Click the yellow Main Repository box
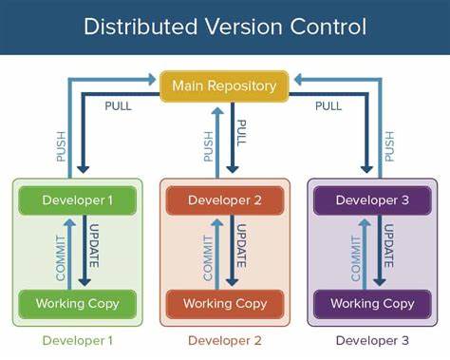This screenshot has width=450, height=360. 224,85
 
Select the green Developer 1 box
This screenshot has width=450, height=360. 78,199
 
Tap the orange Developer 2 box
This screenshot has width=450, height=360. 224,199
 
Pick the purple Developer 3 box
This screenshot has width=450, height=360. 371,199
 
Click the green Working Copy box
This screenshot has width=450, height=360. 78,304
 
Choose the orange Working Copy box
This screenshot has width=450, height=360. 224,304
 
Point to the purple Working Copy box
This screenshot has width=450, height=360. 371,304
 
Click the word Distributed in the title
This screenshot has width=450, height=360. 134,27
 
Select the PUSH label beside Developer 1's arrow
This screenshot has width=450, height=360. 62,139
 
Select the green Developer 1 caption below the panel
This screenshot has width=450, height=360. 78,340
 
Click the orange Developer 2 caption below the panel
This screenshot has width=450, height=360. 224,340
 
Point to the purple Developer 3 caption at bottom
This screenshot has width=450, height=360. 371,340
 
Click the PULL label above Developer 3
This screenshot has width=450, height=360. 328,105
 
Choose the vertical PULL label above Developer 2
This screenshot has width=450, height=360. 241,133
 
